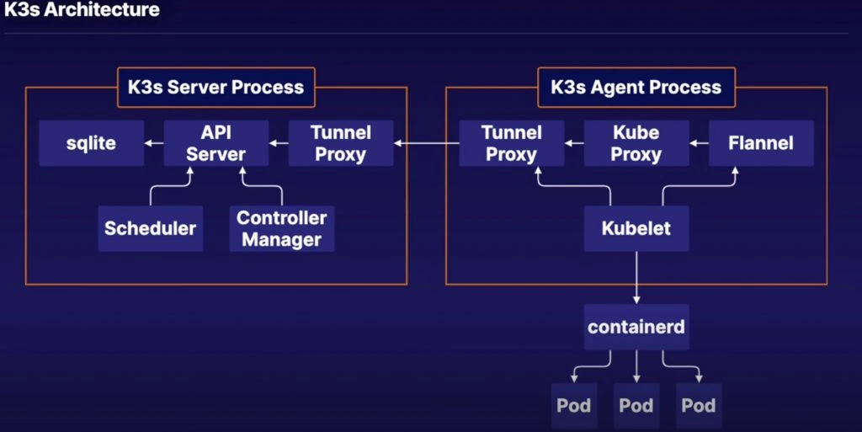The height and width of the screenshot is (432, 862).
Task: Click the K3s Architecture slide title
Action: click(82, 11)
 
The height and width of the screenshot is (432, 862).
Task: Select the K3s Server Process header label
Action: click(216, 87)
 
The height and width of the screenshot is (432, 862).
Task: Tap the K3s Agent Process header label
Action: click(636, 87)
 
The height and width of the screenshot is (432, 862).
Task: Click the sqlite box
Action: click(91, 143)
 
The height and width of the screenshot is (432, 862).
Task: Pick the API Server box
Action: click(215, 143)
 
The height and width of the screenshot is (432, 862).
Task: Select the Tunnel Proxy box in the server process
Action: click(341, 143)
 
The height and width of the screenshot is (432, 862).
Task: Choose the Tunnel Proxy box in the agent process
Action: click(512, 143)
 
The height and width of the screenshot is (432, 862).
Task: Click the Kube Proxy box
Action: click(636, 143)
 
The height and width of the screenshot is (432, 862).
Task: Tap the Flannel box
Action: click(761, 143)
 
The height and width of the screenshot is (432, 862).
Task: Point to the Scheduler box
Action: click(151, 228)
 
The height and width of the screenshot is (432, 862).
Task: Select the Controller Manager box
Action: click(282, 228)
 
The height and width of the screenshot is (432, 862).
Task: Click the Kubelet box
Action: click(636, 228)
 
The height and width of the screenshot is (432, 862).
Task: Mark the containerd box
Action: click(636, 328)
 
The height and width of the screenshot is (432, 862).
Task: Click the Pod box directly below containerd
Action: click(636, 405)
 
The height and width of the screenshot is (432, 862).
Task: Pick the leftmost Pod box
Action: click(574, 405)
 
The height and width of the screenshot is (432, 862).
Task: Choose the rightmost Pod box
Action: click(699, 405)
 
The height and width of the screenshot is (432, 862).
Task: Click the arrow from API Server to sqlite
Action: click(153, 143)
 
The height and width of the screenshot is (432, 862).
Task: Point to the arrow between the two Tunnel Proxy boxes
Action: click(427, 143)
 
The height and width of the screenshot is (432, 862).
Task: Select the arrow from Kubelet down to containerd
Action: click(636, 278)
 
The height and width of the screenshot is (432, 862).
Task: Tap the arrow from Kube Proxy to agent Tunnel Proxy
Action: click(574, 143)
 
